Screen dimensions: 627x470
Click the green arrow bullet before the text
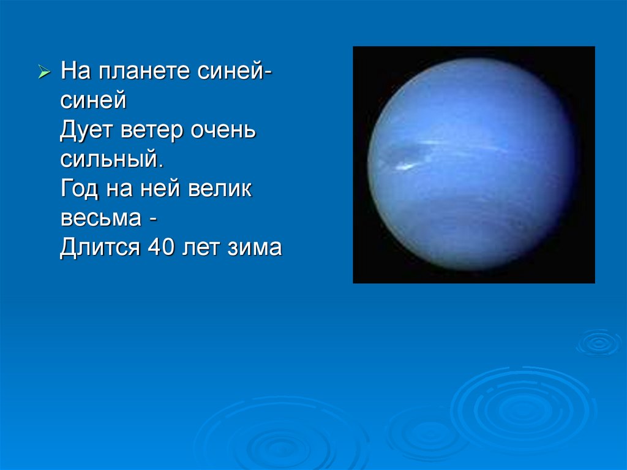click(x=44, y=72)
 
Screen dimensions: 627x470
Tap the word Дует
click(x=86, y=131)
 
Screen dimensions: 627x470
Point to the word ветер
click(x=152, y=131)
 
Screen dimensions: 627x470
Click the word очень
click(x=223, y=130)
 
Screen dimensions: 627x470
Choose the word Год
click(x=79, y=189)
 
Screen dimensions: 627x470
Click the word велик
click(x=220, y=189)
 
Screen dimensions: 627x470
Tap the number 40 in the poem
click(x=161, y=247)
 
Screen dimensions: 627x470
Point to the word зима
click(x=255, y=248)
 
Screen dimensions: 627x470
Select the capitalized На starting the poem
click(x=75, y=70)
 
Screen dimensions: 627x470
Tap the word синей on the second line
click(x=93, y=100)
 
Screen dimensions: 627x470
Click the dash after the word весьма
click(x=152, y=219)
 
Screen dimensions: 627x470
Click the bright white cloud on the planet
click(x=405, y=167)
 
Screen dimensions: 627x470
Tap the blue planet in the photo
click(x=472, y=164)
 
